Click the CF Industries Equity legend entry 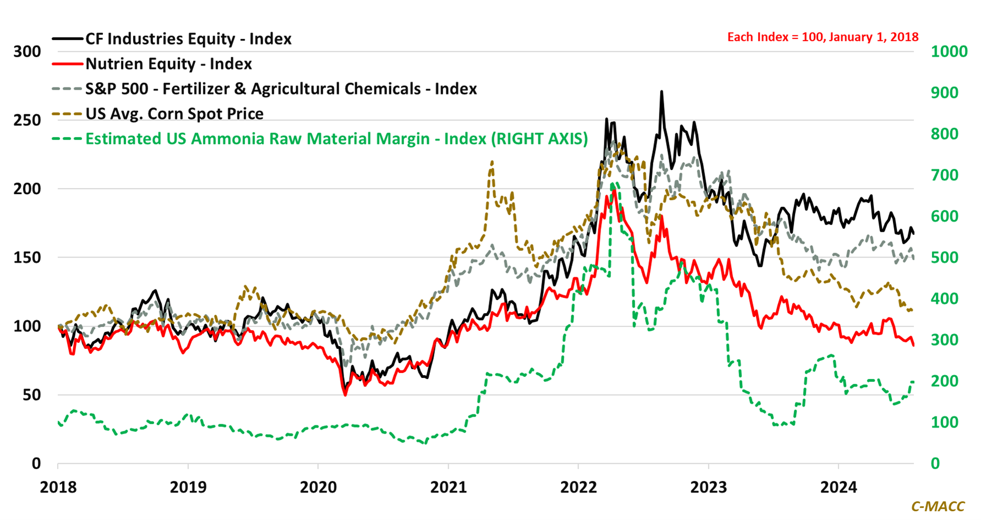click(x=188, y=39)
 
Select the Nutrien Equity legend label click(x=168, y=64)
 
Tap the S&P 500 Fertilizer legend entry click(x=281, y=89)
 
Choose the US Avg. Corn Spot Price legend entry click(x=174, y=113)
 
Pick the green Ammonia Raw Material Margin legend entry click(x=336, y=139)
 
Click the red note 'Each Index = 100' click(x=822, y=37)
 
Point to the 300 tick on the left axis click(x=28, y=52)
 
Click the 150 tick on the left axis click(x=28, y=258)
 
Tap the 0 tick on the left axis click(x=36, y=464)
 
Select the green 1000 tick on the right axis click(x=949, y=52)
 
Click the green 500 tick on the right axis click(x=944, y=258)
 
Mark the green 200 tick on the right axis click(x=944, y=381)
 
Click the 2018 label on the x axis click(x=58, y=488)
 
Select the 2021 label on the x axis click(x=448, y=488)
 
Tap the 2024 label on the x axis click(x=838, y=488)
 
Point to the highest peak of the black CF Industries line click(x=661, y=92)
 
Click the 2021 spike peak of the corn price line click(x=492, y=162)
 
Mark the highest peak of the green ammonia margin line click(x=613, y=183)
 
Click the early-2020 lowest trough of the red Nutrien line click(x=345, y=395)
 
